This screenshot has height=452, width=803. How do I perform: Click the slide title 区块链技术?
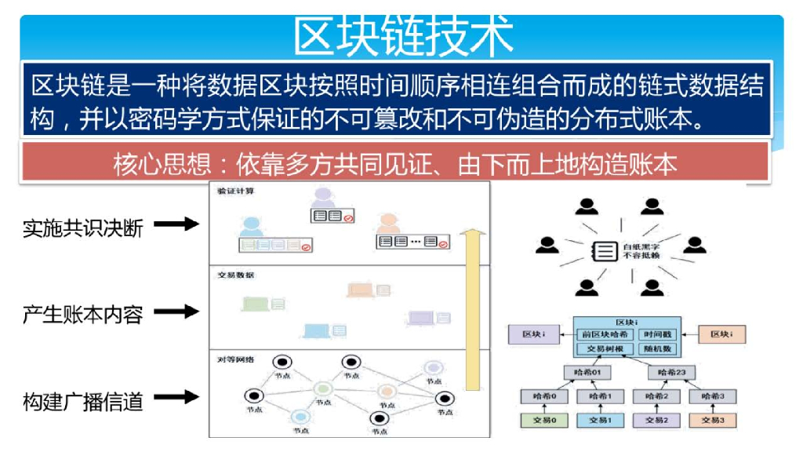[x=403, y=36]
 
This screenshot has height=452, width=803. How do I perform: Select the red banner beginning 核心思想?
[x=394, y=165]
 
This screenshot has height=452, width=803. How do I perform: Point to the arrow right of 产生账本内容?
[x=176, y=312]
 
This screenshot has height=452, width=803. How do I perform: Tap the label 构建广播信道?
[x=82, y=403]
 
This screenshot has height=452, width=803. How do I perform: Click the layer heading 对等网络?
[x=233, y=359]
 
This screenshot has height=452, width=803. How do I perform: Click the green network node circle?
[x=322, y=388]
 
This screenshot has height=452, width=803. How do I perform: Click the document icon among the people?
[x=604, y=251]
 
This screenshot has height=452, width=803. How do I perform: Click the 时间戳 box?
[x=657, y=334]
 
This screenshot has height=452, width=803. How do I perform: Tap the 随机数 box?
[x=657, y=348]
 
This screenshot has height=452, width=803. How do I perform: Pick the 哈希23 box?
[x=674, y=373]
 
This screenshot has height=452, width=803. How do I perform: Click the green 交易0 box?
[x=543, y=420]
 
